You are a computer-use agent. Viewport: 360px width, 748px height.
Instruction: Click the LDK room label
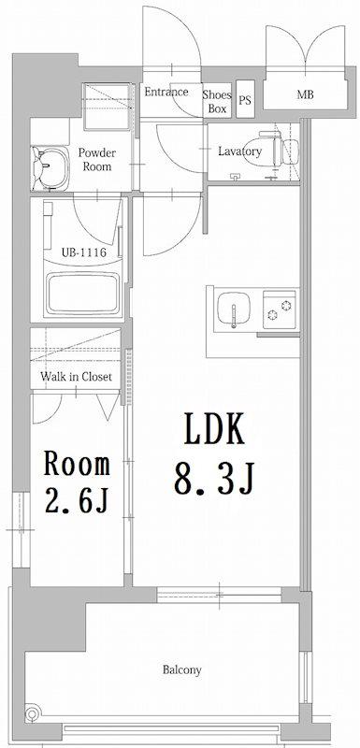coord(214,429)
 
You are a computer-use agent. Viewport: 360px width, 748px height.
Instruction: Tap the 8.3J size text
coord(214,478)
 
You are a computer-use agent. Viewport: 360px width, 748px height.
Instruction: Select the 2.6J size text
coord(77,498)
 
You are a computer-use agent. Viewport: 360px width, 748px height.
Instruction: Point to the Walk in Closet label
coord(76,377)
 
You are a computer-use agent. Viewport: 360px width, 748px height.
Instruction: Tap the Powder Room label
coord(97,159)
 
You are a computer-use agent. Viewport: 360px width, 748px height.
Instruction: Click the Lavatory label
coord(239,151)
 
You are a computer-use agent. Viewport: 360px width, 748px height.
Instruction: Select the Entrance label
coord(166,92)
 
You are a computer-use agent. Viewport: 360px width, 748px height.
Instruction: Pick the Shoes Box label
coord(217,102)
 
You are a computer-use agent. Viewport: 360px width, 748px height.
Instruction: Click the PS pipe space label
coord(245,101)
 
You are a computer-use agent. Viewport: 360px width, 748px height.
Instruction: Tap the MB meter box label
coord(305,94)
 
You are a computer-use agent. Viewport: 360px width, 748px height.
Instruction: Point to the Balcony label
coord(182,669)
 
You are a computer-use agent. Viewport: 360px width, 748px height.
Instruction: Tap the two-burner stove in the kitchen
coord(280,309)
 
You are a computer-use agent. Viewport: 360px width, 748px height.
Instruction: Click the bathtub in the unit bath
coord(82,294)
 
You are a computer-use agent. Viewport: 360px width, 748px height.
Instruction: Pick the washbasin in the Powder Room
coord(50,168)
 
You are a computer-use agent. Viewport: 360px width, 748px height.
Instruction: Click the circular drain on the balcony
coord(32,714)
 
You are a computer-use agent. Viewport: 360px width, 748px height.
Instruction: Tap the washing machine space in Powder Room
coord(107,107)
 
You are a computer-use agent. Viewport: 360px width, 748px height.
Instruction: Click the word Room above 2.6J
coord(77,463)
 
